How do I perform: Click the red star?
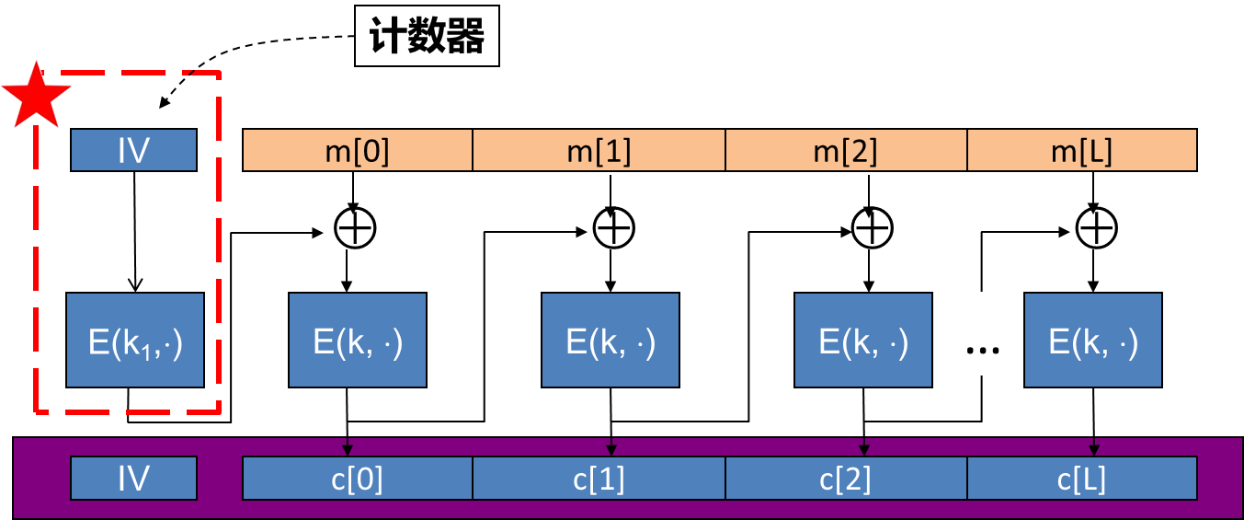[x=37, y=93]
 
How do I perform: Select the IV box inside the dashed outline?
[x=134, y=150]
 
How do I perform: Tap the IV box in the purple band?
[x=134, y=479]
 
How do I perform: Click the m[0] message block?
[x=358, y=150]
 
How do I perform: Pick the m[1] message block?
[x=599, y=150]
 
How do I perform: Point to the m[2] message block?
[x=846, y=150]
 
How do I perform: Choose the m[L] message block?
[x=1081, y=150]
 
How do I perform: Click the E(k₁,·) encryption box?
[x=135, y=341]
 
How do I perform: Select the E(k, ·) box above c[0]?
[x=358, y=341]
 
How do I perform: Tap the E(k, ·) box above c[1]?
[x=611, y=341]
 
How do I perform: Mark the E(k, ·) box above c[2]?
[x=863, y=341]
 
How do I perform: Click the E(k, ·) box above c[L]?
[x=1093, y=341]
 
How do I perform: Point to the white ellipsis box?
[x=984, y=334]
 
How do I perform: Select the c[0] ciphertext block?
[x=358, y=479]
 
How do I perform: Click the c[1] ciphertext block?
[x=599, y=479]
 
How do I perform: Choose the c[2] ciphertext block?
[x=846, y=479]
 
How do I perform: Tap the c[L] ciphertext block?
[x=1081, y=479]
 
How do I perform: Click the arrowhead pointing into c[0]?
[x=348, y=450]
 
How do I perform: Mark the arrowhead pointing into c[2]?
[x=863, y=450]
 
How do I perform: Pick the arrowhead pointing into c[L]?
[x=1093, y=450]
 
